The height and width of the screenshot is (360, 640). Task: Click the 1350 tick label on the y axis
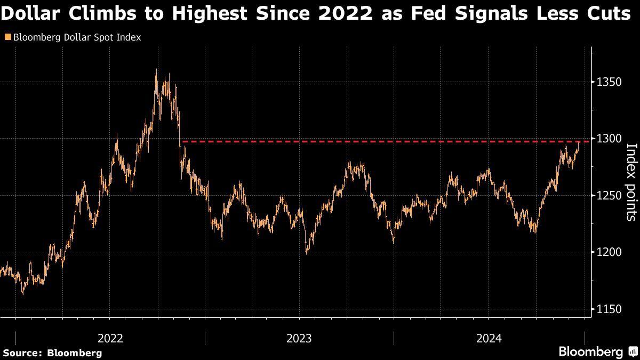(x=607, y=82)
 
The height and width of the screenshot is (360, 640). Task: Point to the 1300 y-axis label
(x=607, y=139)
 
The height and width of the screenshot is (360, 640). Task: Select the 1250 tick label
(x=607, y=195)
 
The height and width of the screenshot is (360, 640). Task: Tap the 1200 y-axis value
(x=607, y=252)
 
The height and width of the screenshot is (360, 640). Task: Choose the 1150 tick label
(x=607, y=309)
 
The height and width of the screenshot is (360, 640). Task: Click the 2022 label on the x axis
(x=110, y=338)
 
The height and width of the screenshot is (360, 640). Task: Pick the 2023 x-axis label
(x=299, y=338)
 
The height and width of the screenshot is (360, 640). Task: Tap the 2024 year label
(x=489, y=338)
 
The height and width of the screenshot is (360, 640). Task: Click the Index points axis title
(x=631, y=181)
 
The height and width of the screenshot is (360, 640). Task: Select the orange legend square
(x=6, y=37)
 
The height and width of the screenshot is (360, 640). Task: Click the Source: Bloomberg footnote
(x=52, y=353)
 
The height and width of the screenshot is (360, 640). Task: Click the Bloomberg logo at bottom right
(x=590, y=351)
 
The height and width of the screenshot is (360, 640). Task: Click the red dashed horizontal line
(x=373, y=141)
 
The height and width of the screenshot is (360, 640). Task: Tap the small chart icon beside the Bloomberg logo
(x=633, y=351)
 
